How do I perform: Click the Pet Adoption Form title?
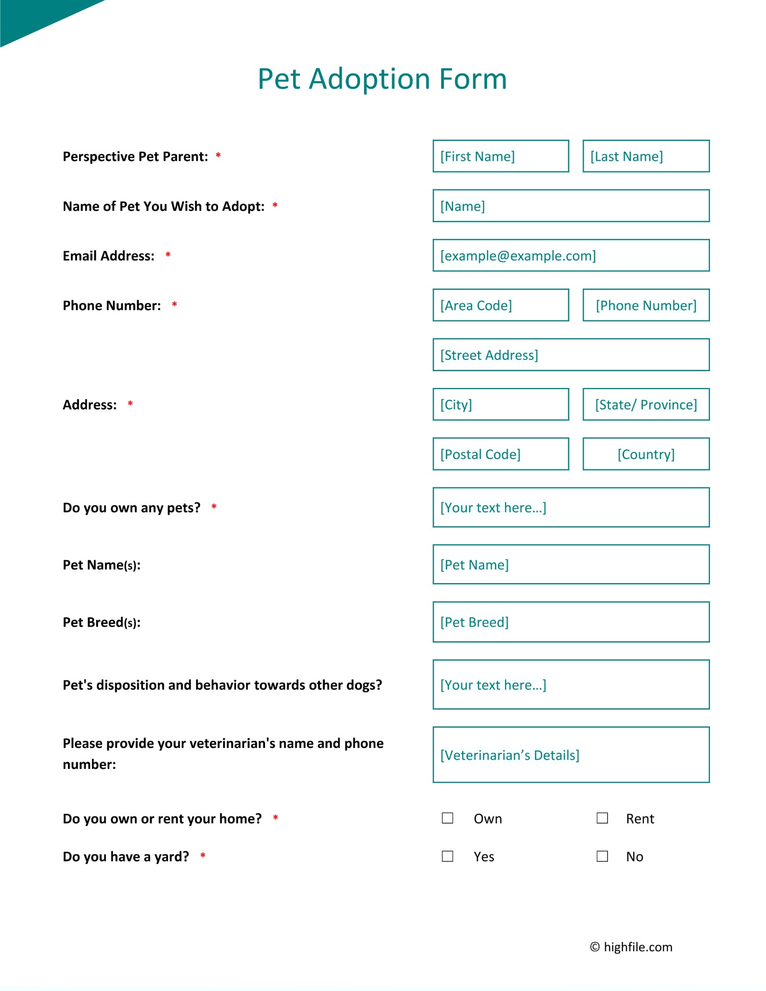(382, 79)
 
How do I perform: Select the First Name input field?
(500, 156)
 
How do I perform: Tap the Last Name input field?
(646, 156)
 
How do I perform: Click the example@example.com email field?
(571, 255)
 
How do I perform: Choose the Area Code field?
(500, 305)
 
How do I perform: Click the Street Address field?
(571, 355)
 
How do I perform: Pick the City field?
(500, 404)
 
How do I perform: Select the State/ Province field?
(646, 404)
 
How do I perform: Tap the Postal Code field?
(500, 454)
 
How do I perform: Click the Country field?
(646, 454)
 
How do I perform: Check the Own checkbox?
(447, 818)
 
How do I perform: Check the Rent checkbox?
(603, 818)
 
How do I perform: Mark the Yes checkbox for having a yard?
(447, 856)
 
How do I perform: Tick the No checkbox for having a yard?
(603, 856)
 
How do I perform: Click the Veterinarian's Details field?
(571, 755)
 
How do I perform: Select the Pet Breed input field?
(571, 622)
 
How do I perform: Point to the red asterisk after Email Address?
(168, 254)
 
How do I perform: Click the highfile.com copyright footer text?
(631, 947)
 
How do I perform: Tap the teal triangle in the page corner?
(31, 18)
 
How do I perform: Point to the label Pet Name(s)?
(102, 565)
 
